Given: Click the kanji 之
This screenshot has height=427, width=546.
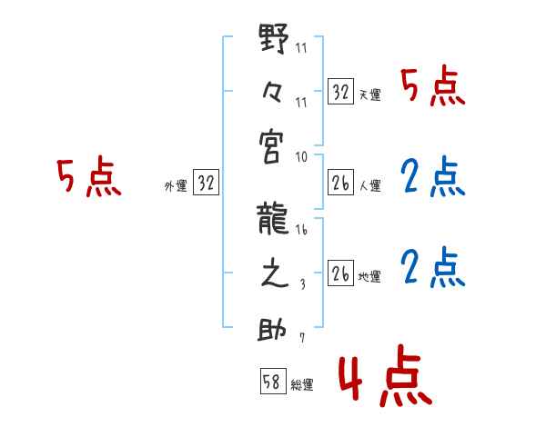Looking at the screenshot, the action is pyautogui.click(x=274, y=274).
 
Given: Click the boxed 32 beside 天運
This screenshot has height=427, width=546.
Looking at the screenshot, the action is pyautogui.click(x=340, y=92).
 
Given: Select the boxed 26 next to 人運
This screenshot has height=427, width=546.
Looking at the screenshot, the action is pyautogui.click(x=340, y=183).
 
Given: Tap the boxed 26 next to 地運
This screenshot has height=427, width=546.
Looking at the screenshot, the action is pyautogui.click(x=340, y=273).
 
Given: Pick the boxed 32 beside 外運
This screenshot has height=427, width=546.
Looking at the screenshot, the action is pyautogui.click(x=206, y=183).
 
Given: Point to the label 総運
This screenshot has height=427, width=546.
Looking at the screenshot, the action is pyautogui.click(x=302, y=385).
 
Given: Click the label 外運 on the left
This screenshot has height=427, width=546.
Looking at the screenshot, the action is pyautogui.click(x=175, y=185).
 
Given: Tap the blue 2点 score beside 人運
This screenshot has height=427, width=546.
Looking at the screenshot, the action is pyautogui.click(x=432, y=178).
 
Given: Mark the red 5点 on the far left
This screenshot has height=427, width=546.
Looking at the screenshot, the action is pyautogui.click(x=88, y=178).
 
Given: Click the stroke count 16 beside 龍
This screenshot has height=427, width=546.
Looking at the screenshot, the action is pyautogui.click(x=301, y=232).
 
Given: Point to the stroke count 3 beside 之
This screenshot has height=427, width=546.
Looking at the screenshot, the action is pyautogui.click(x=302, y=285).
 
